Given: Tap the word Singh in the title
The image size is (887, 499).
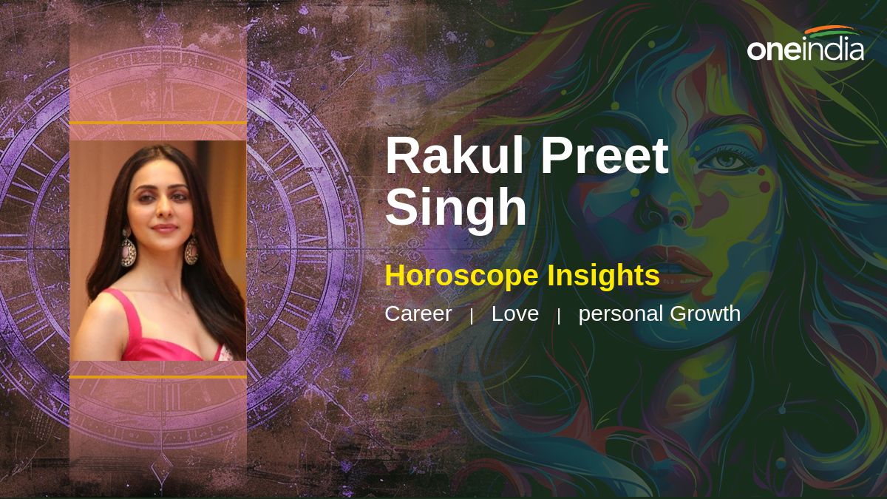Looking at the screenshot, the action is [x=456, y=206].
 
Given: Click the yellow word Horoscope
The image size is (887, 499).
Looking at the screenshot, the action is [x=461, y=276].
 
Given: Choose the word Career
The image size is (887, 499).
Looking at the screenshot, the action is [x=418, y=313].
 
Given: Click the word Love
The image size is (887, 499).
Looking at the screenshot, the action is [x=514, y=313].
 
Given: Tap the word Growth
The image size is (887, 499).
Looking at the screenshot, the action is [x=705, y=313].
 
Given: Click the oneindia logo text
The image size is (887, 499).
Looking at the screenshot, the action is [x=806, y=50].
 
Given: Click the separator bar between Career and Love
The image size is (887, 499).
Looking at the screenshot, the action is [x=472, y=316].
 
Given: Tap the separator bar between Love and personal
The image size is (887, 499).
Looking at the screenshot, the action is [x=559, y=316].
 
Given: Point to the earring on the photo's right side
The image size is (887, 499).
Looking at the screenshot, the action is [x=191, y=250].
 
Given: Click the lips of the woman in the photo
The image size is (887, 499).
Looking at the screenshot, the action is [x=165, y=228].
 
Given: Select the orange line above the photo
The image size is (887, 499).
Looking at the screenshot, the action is [x=158, y=123].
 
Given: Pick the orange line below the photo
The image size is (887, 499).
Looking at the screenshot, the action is [x=158, y=376].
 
